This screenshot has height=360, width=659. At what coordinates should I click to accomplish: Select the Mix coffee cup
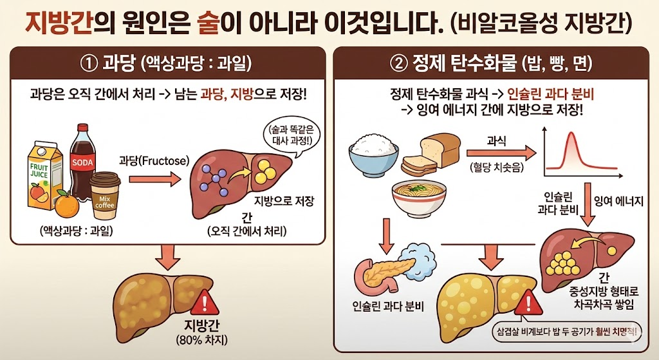106,196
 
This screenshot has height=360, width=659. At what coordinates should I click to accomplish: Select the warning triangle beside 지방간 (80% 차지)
205,301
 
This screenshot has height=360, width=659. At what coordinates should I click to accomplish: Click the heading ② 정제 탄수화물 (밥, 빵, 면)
491,64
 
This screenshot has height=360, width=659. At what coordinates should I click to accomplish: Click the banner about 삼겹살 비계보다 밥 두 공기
566,333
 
